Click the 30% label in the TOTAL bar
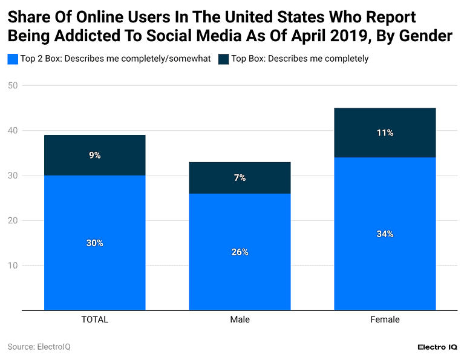(x=94, y=243)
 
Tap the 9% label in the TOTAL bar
(x=94, y=155)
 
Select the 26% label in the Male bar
(x=240, y=252)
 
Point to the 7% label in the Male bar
(x=240, y=178)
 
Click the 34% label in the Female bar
(x=385, y=234)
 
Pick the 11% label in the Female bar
(x=385, y=133)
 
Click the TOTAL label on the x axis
(x=94, y=319)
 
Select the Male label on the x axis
(x=240, y=319)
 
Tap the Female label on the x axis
(x=385, y=319)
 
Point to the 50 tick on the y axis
(x=12, y=85)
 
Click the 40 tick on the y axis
(x=12, y=131)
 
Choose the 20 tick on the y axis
(x=12, y=220)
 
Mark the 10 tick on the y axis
(x=12, y=266)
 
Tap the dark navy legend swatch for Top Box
(x=223, y=59)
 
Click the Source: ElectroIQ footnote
(x=39, y=347)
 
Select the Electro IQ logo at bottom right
(x=437, y=347)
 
